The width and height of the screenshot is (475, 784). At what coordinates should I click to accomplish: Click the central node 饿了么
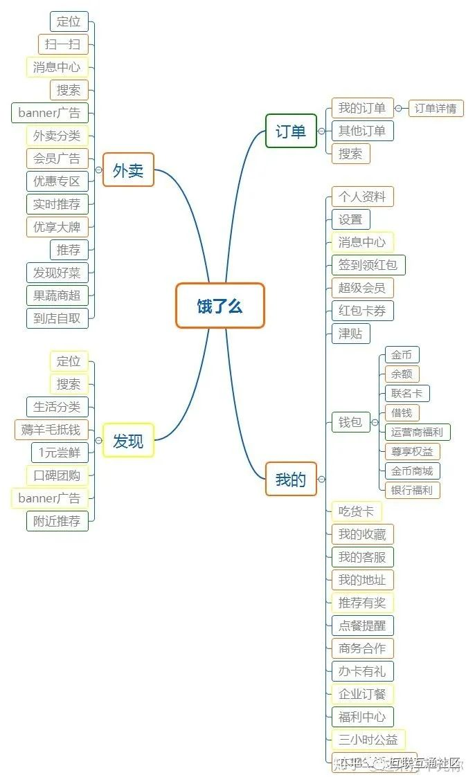click(220, 306)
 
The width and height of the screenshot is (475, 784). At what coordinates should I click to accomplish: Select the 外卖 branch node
click(128, 170)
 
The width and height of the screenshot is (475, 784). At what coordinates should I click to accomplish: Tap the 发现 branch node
click(128, 441)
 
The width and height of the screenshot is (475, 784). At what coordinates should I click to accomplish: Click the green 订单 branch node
click(291, 131)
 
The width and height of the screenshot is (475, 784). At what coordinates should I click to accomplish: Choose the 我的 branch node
click(291, 479)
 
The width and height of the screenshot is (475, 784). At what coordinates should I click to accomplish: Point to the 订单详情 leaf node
click(436, 109)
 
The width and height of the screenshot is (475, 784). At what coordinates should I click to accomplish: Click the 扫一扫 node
click(63, 44)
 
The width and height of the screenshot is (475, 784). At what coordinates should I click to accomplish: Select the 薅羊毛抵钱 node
click(51, 430)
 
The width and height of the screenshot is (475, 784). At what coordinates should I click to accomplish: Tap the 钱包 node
click(350, 421)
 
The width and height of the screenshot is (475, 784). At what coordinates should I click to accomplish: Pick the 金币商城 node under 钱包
click(412, 471)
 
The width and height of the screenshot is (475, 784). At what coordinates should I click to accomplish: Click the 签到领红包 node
click(368, 265)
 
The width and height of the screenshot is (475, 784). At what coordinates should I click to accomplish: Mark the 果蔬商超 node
click(57, 295)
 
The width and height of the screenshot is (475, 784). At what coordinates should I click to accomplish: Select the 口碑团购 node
click(57, 475)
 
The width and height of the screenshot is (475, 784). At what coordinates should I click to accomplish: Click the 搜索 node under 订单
click(350, 154)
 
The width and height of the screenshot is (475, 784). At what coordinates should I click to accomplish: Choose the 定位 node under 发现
click(69, 361)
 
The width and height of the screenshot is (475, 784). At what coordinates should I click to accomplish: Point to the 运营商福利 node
click(417, 432)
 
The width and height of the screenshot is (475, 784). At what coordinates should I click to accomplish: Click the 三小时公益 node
click(368, 739)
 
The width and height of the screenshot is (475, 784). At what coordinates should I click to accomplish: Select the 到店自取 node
click(57, 318)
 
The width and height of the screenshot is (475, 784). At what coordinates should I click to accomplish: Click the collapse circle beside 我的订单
click(398, 109)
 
